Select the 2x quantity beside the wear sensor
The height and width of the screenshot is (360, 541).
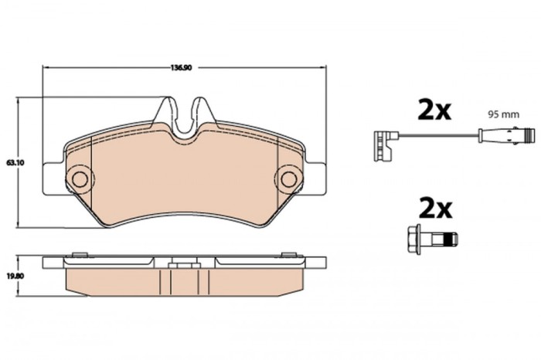pos(434,110)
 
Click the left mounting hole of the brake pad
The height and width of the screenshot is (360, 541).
pos(79,178)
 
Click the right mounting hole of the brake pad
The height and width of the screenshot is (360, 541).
pos(288,178)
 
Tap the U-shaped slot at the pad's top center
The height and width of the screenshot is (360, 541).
pos(184,117)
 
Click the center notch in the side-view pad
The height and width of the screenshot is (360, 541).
pos(184,267)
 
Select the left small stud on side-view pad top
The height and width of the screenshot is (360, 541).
pos(77,253)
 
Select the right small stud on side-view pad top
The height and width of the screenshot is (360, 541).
pos(289,253)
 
